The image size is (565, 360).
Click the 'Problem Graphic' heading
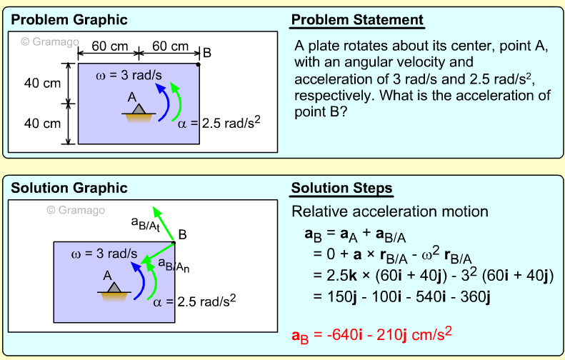[69, 20]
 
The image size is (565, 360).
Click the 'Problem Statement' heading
[357, 20]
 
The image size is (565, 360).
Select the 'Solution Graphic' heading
[69, 189]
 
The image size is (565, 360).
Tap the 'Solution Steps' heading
[341, 189]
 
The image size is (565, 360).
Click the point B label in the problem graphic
[207, 52]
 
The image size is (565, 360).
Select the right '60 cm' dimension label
[170, 46]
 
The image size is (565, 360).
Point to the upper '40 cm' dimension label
[42, 84]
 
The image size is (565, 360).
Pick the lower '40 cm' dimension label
[42, 124]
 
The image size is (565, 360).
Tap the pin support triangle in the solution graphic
[114, 286]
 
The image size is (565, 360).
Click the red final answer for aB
[373, 334]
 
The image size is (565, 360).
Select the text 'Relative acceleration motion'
[390, 211]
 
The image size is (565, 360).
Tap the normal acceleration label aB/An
[174, 266]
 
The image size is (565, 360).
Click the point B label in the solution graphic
[183, 233]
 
